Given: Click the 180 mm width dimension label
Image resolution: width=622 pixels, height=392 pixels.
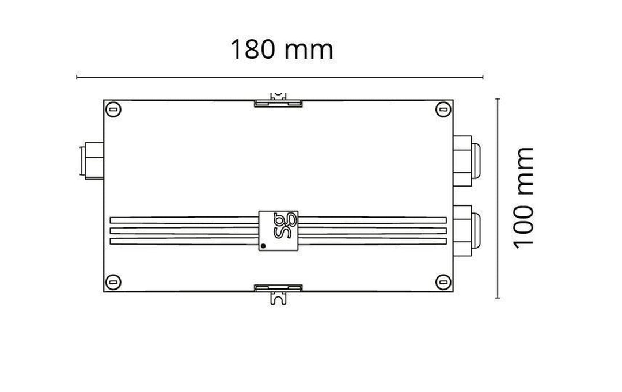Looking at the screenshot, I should [x=282, y=50].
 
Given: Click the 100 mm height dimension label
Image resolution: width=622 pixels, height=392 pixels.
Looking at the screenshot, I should [x=524, y=197].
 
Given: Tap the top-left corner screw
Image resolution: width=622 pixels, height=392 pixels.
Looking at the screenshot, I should [x=115, y=109].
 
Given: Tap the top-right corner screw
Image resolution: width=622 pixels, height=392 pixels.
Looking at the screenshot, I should [x=442, y=109].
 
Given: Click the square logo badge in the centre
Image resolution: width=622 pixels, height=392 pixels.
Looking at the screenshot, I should [x=279, y=230].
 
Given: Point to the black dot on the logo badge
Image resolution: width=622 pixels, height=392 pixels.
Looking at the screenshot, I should [x=264, y=246].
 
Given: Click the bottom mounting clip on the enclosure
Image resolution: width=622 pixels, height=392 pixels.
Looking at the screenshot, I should [x=279, y=290].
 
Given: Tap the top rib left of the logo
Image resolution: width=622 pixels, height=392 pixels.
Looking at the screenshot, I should [x=184, y=220].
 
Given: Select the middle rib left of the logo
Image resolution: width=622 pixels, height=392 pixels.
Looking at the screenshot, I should [x=184, y=230].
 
